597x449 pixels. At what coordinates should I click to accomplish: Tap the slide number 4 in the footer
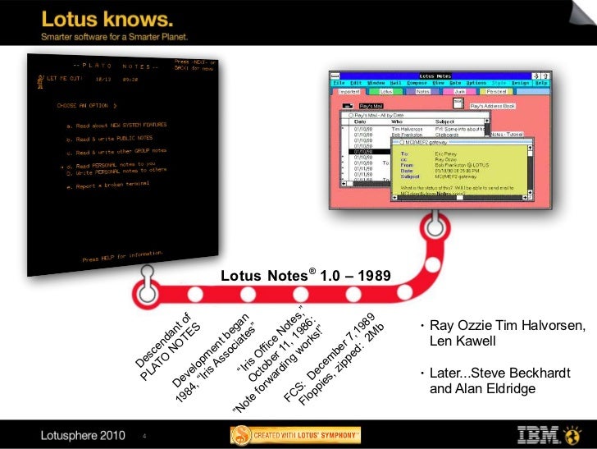144,435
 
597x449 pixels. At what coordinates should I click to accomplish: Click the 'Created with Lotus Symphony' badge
295,434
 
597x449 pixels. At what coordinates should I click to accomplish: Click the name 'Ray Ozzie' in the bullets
458,327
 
